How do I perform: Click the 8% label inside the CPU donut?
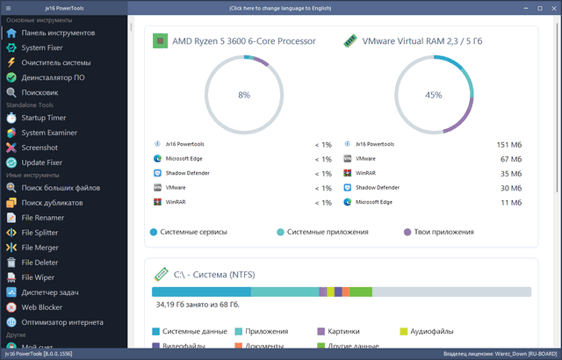[x=244, y=95]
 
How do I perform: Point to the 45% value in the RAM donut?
[x=433, y=95]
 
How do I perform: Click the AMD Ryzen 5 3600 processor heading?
[x=243, y=40]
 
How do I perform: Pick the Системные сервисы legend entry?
[x=193, y=232]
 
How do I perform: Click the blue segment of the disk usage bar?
[x=201, y=292]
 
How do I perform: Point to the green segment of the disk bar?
[x=360, y=292]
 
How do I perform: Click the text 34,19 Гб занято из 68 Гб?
[x=198, y=306]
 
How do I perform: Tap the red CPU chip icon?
[x=160, y=40]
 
